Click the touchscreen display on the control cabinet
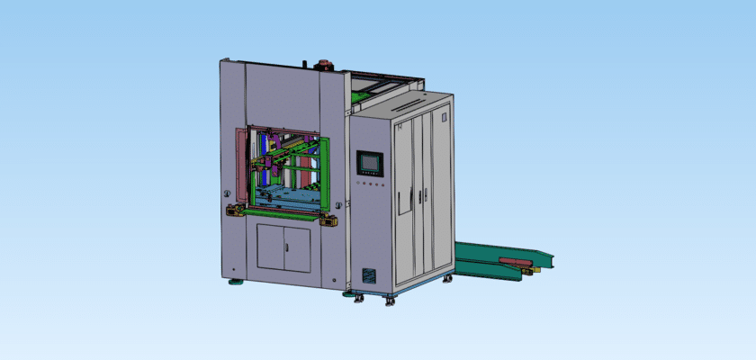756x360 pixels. coord(370,163)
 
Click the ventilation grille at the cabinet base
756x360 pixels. coord(368,276)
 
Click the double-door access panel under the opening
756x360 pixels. coord(283,247)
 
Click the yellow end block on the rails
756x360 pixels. coord(536,267)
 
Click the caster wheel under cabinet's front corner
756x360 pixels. coord(390,300)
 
